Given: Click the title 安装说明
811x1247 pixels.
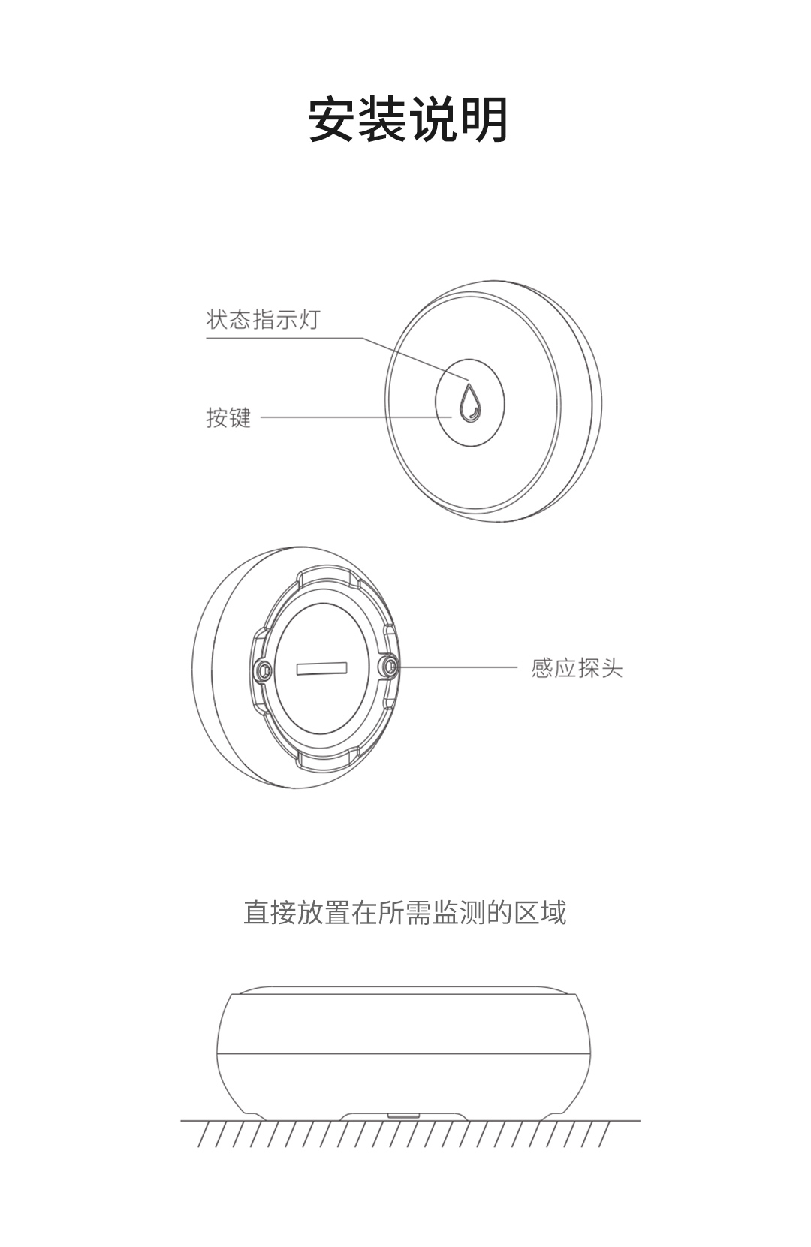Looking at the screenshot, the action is coord(408,119).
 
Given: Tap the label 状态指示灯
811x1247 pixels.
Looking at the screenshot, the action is coord(263,320).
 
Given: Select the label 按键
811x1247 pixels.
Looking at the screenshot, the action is coord(228,417).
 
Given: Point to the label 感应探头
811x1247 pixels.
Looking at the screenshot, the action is coord(577,668).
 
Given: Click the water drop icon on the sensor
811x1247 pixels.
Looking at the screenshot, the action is coord(469,402).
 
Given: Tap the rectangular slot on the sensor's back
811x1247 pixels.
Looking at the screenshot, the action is coord(322,669).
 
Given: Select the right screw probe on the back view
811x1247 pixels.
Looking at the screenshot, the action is coord(389,666).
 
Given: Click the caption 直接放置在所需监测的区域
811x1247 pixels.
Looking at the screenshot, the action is coord(405,912).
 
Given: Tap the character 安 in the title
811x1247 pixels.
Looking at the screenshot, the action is coord(333,119).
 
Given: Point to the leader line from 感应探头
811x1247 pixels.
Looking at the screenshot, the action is coord(458,667).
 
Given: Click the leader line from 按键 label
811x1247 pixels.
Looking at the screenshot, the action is coord(357,417).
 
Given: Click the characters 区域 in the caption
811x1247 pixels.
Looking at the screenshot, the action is coord(540,912).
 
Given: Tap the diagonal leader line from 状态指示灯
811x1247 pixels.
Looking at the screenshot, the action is coord(416,359).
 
